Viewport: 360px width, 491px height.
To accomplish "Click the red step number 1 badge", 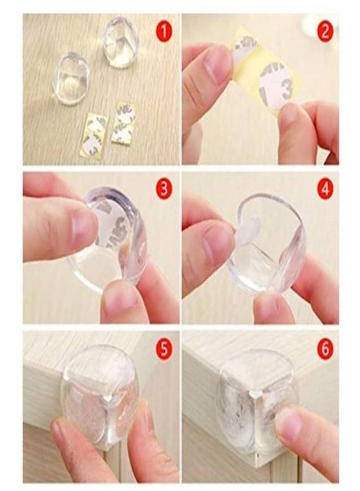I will coord(164,31).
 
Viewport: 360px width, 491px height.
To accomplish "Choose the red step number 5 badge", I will coord(164,348).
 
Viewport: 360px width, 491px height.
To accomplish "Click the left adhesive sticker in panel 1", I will coord(94,133).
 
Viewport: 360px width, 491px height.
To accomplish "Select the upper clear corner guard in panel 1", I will coord(121,42).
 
